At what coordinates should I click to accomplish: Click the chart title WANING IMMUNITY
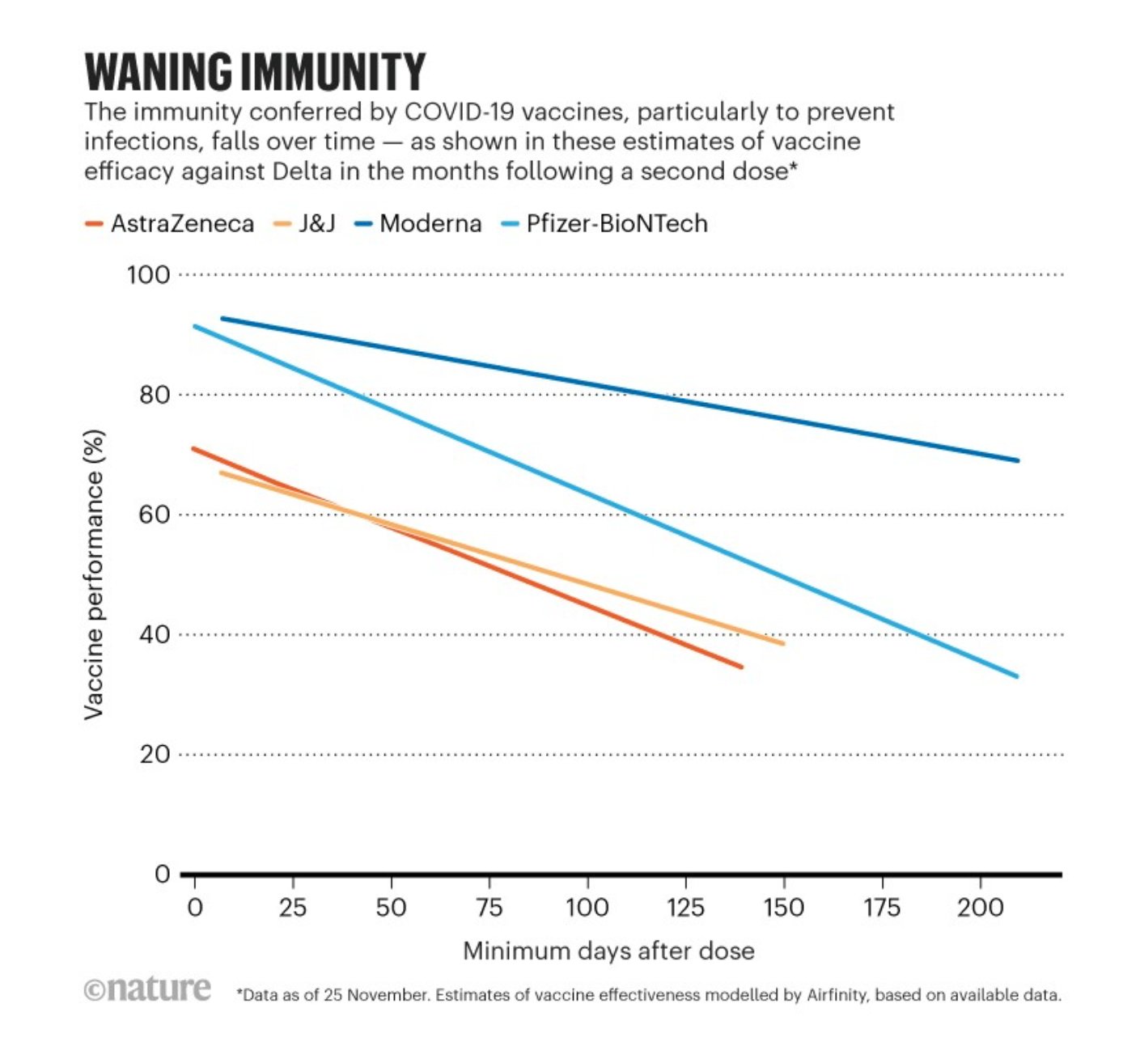[x=255, y=73]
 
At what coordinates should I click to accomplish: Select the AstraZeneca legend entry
[x=181, y=224]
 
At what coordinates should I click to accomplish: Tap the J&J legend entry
[x=316, y=224]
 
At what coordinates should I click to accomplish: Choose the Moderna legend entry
[x=430, y=224]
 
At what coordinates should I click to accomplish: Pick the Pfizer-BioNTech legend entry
[x=617, y=224]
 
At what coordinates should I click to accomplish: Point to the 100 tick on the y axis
[x=148, y=275]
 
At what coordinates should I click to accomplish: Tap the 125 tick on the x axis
[x=685, y=908]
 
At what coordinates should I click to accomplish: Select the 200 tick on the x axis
[x=980, y=908]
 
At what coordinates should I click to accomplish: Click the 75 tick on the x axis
[x=489, y=908]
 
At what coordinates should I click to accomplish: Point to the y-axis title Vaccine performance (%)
[x=95, y=574]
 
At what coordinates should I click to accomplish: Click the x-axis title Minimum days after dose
[x=608, y=951]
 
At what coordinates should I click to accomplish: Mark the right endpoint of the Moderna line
[x=1017, y=460]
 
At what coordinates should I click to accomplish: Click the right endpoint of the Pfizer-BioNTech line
[x=1017, y=676]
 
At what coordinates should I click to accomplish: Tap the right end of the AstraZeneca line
[x=741, y=667]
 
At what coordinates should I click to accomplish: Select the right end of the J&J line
[x=782, y=643]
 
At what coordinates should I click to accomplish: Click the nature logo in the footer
[x=148, y=989]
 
